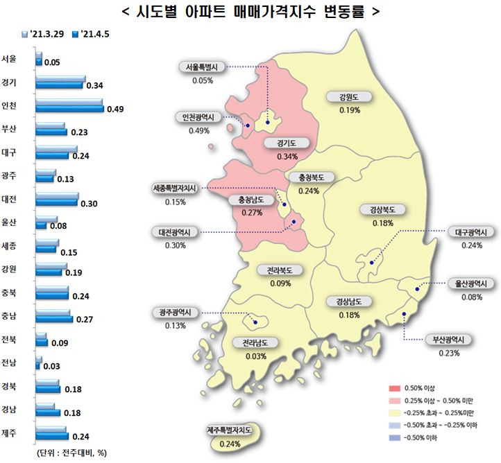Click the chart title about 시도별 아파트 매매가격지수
pyautogui.click(x=250, y=12)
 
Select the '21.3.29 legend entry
pyautogui.click(x=46, y=33)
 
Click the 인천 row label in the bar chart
pyautogui.click(x=10, y=106)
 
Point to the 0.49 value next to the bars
pyautogui.click(x=114, y=109)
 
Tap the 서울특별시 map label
pyautogui.click(x=202, y=67)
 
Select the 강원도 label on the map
pyautogui.click(x=348, y=96)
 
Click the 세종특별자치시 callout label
pyautogui.click(x=176, y=188)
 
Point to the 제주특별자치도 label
pyautogui.click(x=229, y=430)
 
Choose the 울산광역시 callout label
pyautogui.click(x=471, y=283)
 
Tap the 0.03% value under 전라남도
pyautogui.click(x=256, y=356)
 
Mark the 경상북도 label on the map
pyautogui.click(x=382, y=209)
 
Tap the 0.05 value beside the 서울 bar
pyautogui.click(x=51, y=62)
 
